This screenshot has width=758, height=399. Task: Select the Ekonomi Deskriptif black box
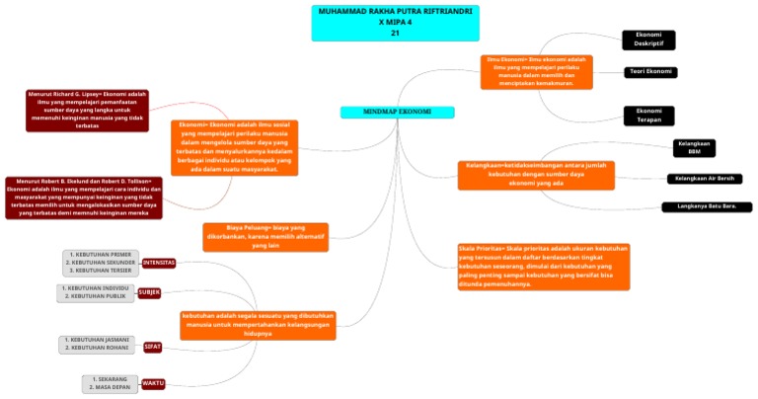pos(648,40)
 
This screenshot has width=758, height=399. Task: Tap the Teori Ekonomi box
pos(651,72)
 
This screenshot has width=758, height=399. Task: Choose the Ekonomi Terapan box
pos(648,116)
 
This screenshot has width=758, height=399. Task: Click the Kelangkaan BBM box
pos(694,148)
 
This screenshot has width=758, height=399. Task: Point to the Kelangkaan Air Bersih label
pos(704,179)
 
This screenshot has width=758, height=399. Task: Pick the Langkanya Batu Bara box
pos(707,206)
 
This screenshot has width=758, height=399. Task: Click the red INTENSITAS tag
pos(159,263)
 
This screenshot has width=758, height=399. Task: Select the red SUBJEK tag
pos(149,292)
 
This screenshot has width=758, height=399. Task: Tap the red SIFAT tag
pos(153,347)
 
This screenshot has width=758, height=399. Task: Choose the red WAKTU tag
pos(153,383)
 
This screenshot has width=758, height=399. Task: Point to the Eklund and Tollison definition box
pos(84,197)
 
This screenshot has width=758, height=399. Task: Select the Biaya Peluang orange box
pos(265,236)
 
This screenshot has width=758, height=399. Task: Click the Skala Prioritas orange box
pos(543,265)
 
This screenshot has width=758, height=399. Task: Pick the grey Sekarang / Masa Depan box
pos(111,383)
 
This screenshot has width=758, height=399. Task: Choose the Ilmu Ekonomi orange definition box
pos(538,71)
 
